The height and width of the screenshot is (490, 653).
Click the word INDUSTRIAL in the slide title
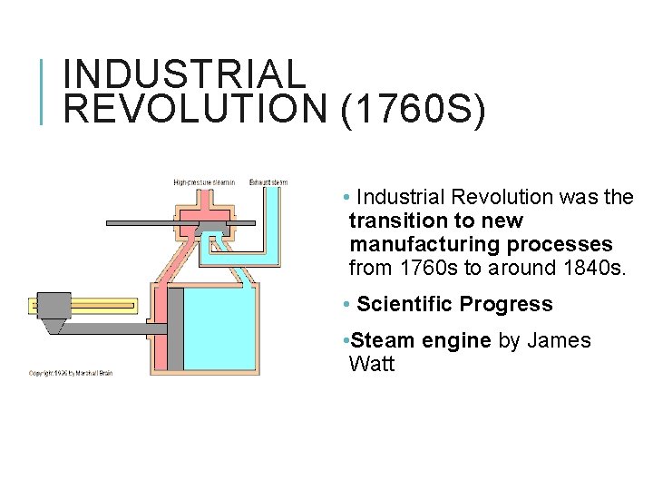point(186,73)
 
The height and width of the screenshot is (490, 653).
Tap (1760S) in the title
point(414,109)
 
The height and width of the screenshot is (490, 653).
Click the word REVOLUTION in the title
point(195,109)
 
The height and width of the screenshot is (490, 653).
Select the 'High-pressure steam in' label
point(204,182)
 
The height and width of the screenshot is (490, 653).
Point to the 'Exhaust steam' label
point(269,182)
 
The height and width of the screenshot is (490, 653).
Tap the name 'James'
point(558,341)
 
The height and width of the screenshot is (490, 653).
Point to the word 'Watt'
point(372,365)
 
